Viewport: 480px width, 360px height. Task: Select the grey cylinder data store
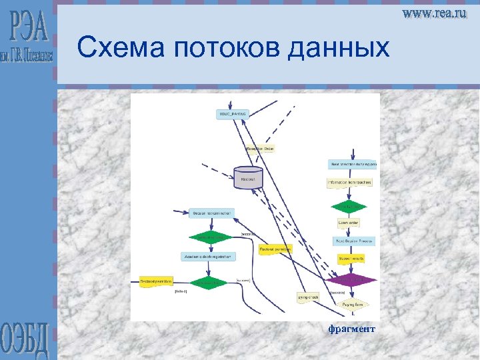tap(247, 177)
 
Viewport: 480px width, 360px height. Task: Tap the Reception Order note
tap(260, 149)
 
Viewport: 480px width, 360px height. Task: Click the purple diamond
tap(350, 279)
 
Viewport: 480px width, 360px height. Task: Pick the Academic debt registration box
tap(208, 256)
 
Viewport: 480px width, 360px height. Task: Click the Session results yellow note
tap(350, 257)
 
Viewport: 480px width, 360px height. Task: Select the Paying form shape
tap(353, 305)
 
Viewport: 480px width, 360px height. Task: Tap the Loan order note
tap(349, 223)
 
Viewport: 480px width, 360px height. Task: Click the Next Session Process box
tap(353, 241)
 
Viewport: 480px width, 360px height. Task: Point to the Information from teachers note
tap(349, 182)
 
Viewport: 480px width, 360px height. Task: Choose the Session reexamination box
tap(212, 213)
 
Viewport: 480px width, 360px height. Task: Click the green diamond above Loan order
tap(349, 206)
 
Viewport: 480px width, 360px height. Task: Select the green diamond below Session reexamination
tap(210, 237)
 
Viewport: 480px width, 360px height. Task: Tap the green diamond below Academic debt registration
tap(209, 283)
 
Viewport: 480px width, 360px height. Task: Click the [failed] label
tap(181, 291)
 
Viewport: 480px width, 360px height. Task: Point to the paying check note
tap(308, 297)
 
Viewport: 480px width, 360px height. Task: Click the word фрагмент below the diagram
tap(351, 329)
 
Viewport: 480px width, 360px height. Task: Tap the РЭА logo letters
tap(29, 27)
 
